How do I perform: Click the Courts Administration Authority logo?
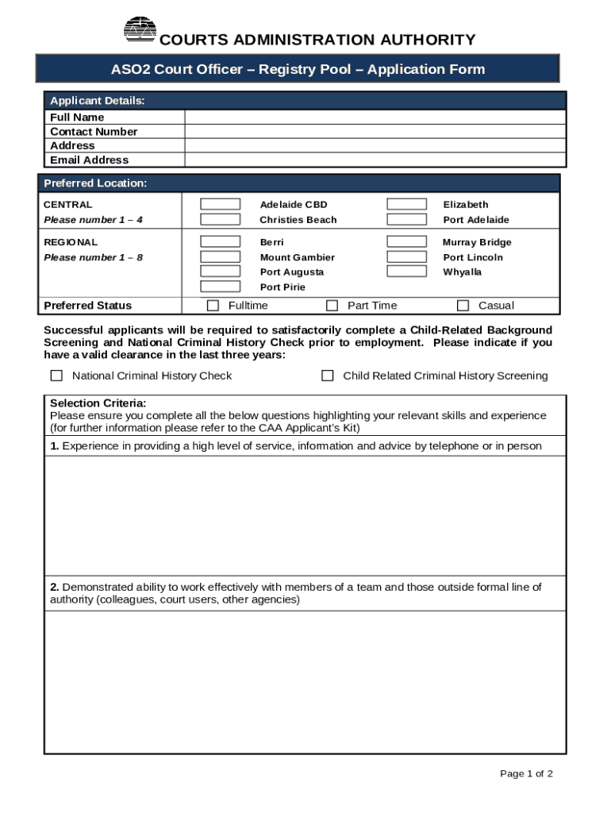140,29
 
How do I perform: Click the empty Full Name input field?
375,118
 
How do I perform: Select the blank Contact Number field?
375,132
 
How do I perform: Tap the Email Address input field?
375,160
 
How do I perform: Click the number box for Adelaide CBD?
220,205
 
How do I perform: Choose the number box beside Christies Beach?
220,220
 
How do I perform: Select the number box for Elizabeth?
406,205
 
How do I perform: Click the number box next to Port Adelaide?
406,220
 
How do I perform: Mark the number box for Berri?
220,242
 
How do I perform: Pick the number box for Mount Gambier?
220,257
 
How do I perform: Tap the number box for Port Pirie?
220,287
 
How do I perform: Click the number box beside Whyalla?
406,272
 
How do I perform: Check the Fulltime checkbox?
213,306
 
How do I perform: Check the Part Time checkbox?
332,306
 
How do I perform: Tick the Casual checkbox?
463,306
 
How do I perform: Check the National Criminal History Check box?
56,376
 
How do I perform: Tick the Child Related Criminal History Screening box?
327,376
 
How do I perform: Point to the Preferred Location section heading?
95,183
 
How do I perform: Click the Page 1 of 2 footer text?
526,774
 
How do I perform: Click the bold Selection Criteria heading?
98,403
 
